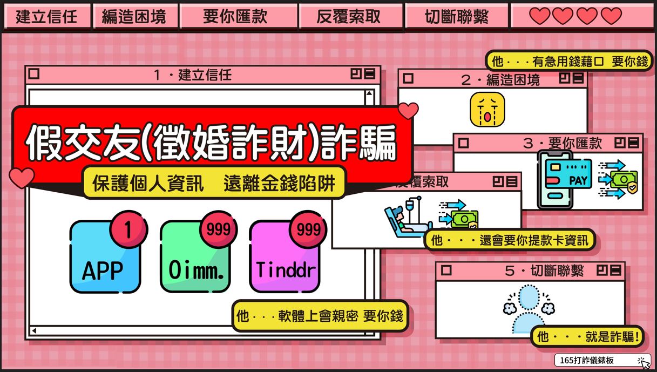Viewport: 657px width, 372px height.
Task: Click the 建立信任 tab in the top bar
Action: (46, 16)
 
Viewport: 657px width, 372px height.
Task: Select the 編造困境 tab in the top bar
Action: (134, 16)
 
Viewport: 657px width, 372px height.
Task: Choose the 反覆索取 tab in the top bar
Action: (350, 16)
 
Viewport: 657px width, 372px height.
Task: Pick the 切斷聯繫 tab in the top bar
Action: (457, 16)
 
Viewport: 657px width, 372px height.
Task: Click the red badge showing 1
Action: (128, 229)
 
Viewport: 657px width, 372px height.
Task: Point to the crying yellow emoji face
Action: (487, 110)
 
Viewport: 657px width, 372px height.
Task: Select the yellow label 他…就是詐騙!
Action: (587, 336)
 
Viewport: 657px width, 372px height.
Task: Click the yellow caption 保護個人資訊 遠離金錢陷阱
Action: (214, 183)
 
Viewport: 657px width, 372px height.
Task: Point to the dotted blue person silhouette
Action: (529, 309)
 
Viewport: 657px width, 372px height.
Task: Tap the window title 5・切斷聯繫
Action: (544, 270)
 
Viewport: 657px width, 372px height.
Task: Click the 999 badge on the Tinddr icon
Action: (308, 229)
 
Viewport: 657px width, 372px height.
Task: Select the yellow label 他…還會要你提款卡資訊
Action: (510, 240)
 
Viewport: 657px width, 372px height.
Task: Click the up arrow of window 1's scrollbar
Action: (369, 93)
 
